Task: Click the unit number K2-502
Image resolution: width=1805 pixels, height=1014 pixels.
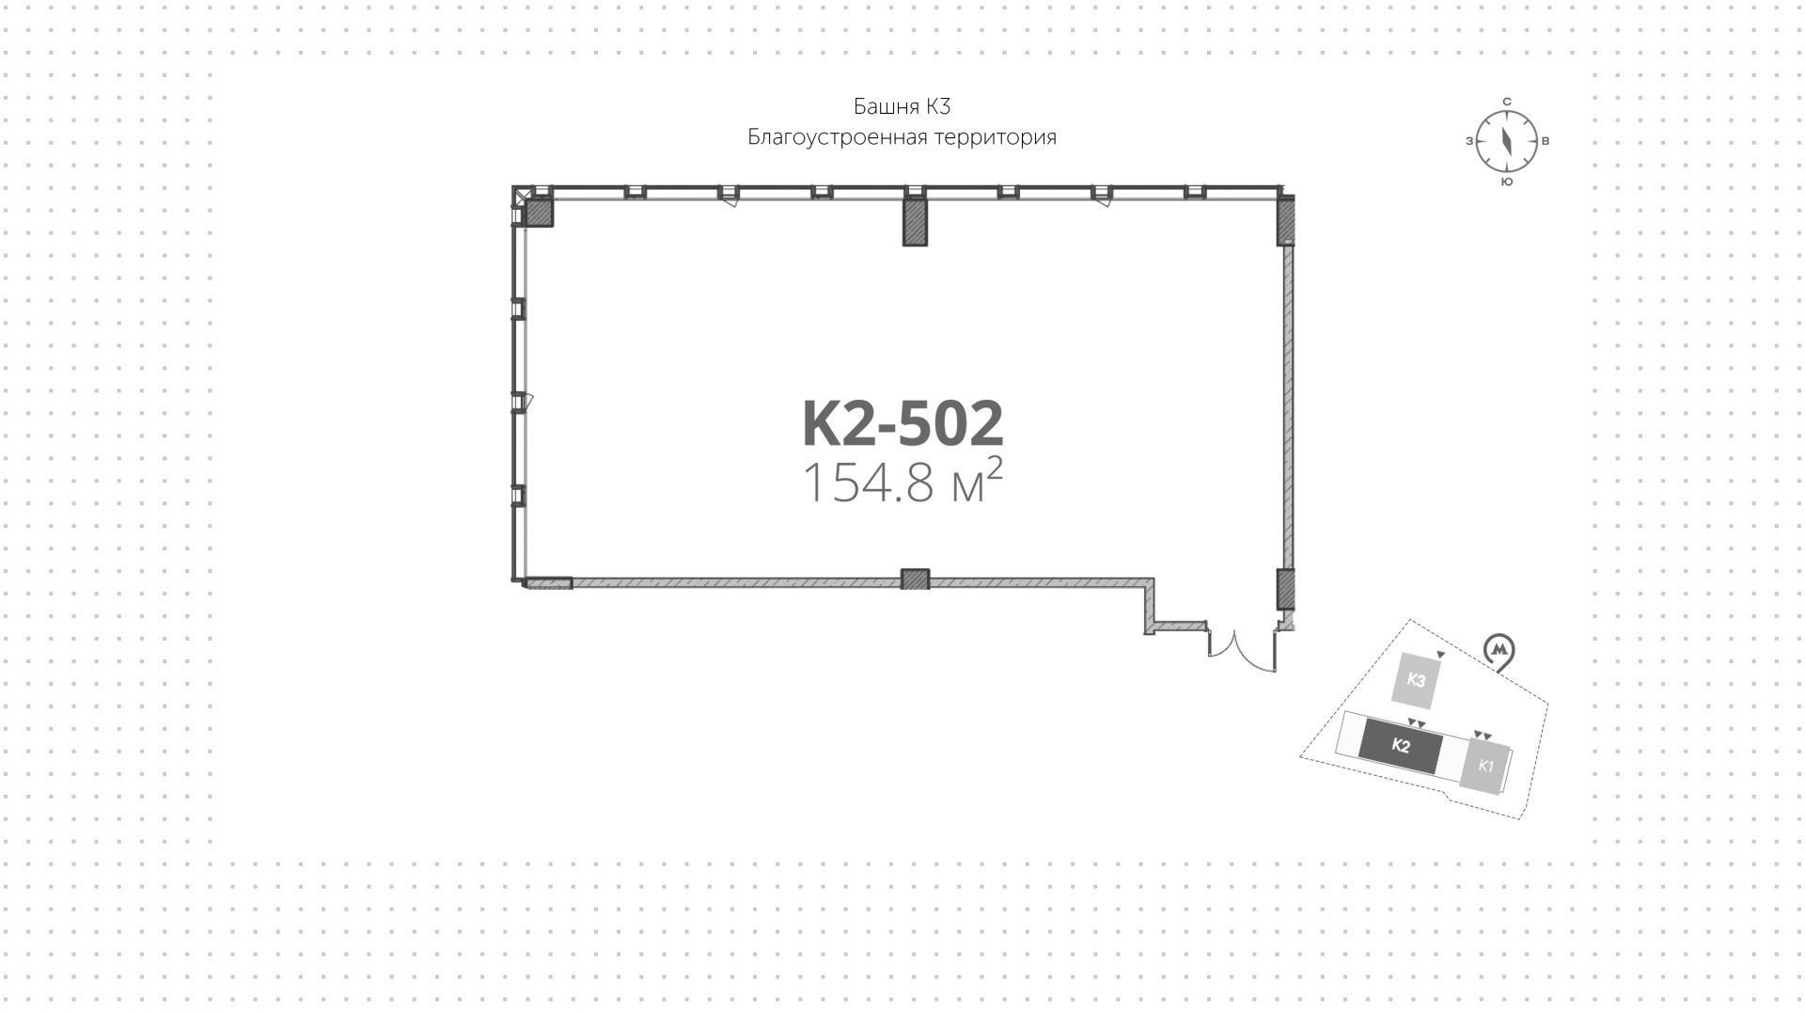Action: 902,423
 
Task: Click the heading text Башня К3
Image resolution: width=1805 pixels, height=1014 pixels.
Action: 902,105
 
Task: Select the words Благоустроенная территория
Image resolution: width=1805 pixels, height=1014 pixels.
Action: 902,137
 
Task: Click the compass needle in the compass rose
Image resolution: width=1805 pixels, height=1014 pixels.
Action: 1506,141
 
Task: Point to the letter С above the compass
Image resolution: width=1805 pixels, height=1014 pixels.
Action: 1506,101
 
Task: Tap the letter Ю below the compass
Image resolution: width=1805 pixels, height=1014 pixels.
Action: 1506,182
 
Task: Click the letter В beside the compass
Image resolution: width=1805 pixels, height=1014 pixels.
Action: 1546,141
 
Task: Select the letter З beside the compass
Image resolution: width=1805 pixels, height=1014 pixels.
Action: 1468,141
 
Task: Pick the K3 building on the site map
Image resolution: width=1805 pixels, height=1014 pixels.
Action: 1417,680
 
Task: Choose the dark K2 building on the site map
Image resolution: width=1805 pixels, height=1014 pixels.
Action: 1400,747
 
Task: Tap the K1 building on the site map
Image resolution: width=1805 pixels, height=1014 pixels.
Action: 1485,766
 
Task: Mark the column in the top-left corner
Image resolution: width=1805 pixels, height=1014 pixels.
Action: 539,214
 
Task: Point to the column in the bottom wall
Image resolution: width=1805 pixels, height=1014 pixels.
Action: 915,579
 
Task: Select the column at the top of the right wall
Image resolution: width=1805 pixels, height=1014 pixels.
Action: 1286,224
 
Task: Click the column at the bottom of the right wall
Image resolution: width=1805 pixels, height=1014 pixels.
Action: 1286,589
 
